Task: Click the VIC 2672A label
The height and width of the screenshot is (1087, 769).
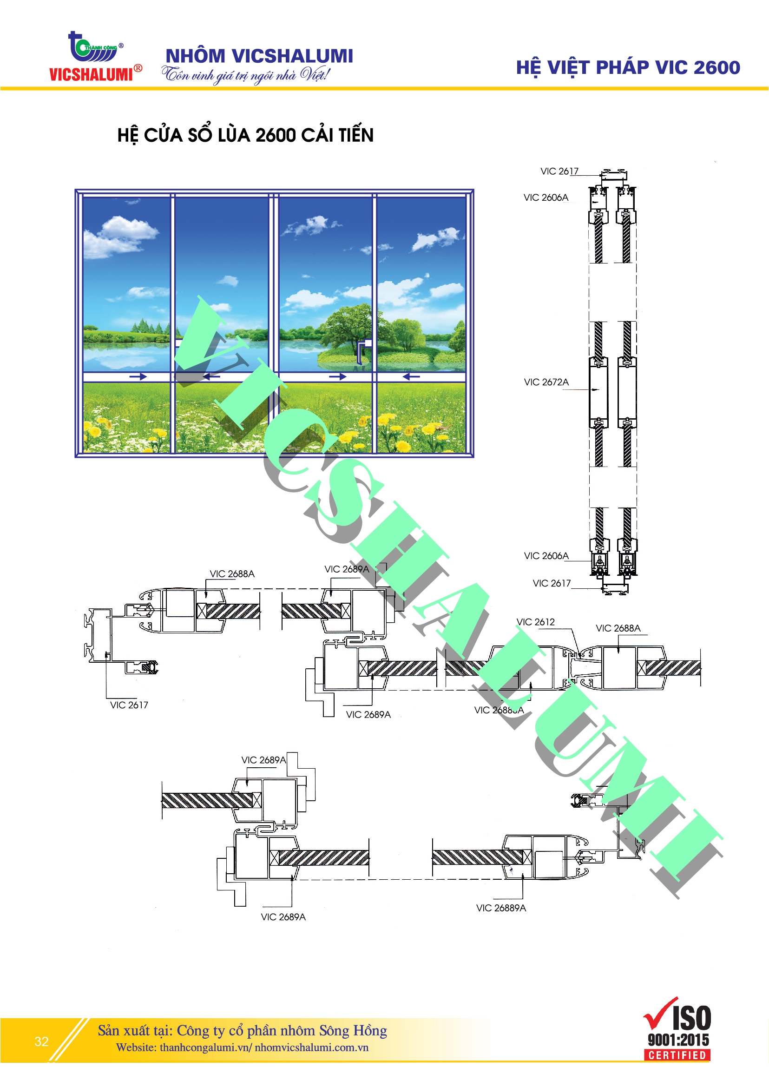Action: point(546,382)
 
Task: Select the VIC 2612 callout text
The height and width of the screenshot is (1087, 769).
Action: point(535,622)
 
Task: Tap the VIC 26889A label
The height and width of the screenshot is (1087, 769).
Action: point(501,908)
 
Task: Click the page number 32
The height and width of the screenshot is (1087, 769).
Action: point(42,1041)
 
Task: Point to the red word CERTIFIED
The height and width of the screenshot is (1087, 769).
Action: point(677,1055)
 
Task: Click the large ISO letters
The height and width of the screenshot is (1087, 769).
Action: point(691,1019)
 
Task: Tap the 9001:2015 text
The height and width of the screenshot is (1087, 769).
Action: point(678,1040)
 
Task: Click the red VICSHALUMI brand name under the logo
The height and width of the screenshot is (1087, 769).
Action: point(91,74)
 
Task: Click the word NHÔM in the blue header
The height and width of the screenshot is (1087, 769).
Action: point(195,56)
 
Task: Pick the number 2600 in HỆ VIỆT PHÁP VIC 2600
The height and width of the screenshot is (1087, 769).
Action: point(716,68)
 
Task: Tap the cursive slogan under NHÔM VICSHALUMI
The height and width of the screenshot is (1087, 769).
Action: point(245,75)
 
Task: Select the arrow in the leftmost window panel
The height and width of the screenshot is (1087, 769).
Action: point(138,377)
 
